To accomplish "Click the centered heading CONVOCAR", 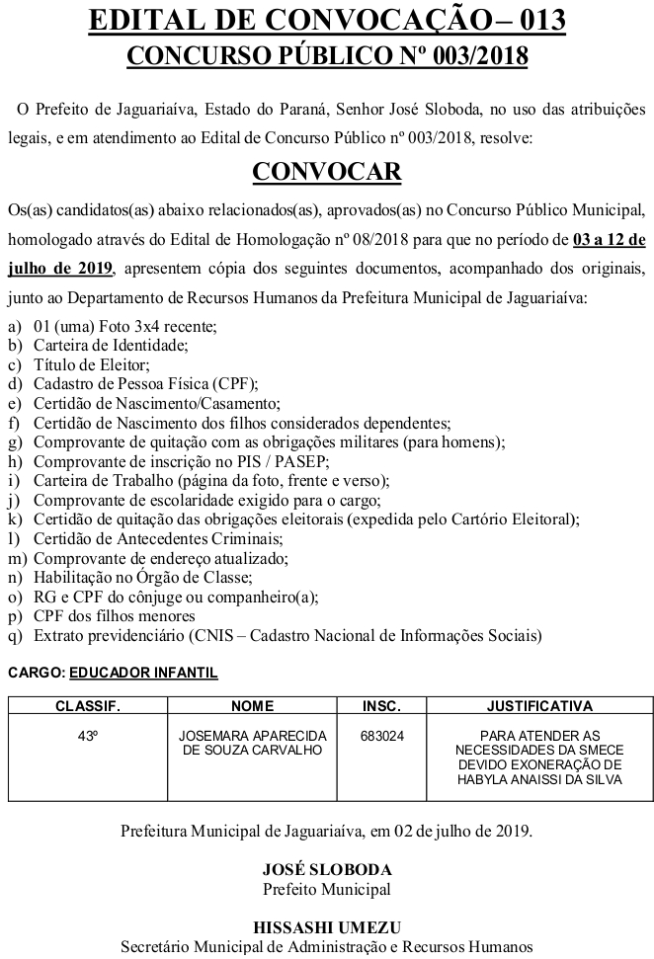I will [327, 172].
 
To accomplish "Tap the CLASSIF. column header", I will [87, 706].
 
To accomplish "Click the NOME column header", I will [252, 706].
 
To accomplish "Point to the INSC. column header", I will [381, 706].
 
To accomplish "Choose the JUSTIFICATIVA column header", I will [539, 706].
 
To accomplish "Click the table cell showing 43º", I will [87, 736].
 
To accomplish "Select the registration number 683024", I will [381, 736].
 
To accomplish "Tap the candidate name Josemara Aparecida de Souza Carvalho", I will [252, 743].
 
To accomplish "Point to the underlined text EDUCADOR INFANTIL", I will [144, 673].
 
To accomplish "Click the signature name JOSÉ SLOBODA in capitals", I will [327, 870].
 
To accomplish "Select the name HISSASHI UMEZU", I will [327, 927].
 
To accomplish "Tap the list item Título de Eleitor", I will [77, 364].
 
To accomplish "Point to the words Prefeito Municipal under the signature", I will [327, 889].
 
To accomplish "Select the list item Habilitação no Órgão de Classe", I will [143, 578].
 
